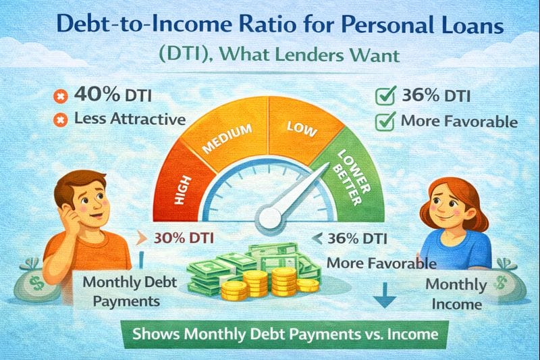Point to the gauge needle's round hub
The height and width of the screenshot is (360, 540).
[270, 217]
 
